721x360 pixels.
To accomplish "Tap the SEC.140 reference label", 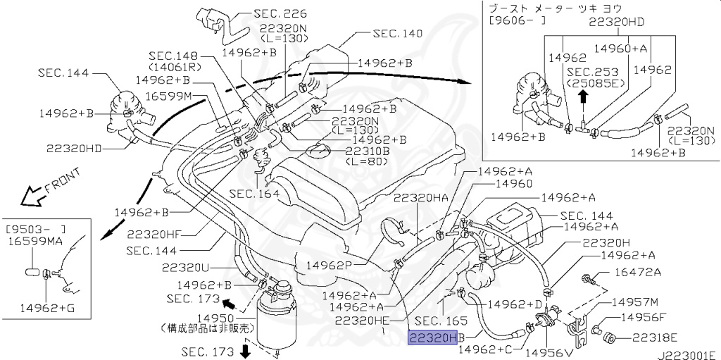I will (399, 33).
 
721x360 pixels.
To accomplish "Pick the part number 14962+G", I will (46, 307).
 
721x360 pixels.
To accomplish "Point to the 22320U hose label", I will (186, 268).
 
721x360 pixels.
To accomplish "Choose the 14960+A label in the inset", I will (620, 49).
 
